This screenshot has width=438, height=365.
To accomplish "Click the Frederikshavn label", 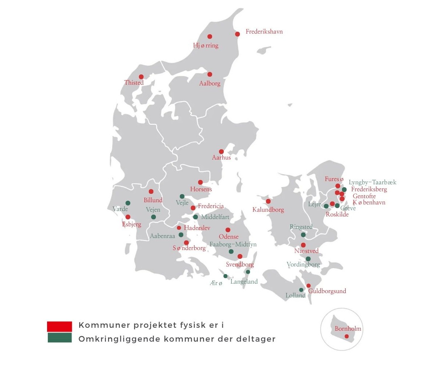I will pos(264,32).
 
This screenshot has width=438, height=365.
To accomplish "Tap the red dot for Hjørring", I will pos(210,36).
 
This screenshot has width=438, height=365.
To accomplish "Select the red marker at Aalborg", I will pos(210,74).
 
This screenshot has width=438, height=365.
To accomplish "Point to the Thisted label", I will pos(134,83).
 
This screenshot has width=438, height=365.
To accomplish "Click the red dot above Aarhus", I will pos(221,151).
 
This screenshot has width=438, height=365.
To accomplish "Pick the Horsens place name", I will pos(201,189).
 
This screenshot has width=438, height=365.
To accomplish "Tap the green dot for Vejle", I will pos(182,196).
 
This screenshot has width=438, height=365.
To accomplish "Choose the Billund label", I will pos(153,200).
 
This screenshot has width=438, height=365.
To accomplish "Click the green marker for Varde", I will pos(128,203).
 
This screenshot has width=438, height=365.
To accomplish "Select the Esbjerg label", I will pos(132,224).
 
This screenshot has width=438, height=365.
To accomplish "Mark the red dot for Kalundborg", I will pos(268,201).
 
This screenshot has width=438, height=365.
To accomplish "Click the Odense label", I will pos(229,237).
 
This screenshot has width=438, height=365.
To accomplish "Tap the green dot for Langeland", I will pos(248,272).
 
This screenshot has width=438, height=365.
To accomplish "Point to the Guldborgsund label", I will pos(327,291).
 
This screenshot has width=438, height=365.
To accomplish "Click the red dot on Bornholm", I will pos(347,336).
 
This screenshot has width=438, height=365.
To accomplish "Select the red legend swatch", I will pos(59,326).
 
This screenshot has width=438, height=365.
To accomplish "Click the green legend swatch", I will pos(59,338).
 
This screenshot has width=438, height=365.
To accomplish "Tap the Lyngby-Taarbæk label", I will pos(372,182).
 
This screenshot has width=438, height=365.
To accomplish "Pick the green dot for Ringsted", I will pos(303,235).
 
